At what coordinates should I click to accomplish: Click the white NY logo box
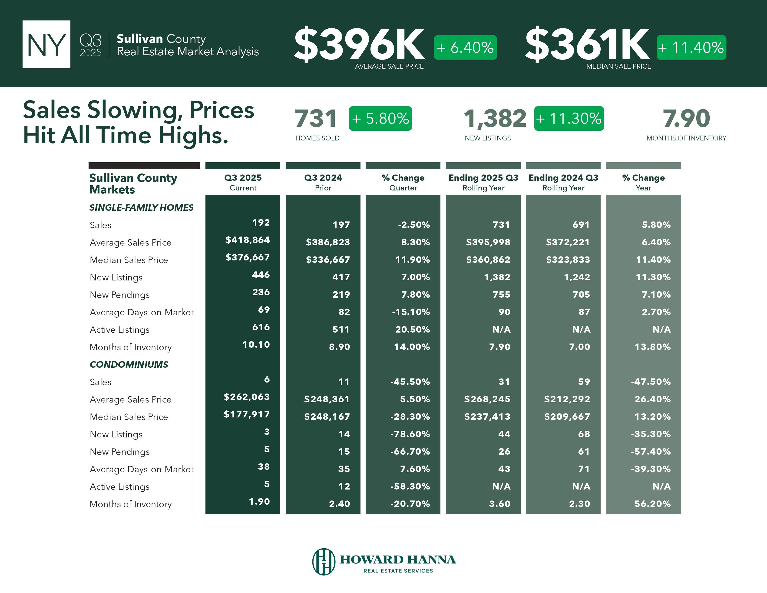pos(46,44)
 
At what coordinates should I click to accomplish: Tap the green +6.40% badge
pos(465,47)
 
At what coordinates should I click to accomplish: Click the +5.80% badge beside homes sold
pos(380,118)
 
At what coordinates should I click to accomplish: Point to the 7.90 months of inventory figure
pos(686,118)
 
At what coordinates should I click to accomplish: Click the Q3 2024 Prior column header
pos(323,182)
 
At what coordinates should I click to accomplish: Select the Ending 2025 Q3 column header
pos(483,182)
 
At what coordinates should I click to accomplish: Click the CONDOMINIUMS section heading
pos(129,364)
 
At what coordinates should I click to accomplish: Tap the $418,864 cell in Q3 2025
pos(247,240)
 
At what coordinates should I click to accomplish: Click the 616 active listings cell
pos(261,327)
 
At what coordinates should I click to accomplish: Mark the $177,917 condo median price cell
pos(247,415)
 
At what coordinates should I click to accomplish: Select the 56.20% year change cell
pos(652,504)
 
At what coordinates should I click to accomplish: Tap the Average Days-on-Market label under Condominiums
pos(142,469)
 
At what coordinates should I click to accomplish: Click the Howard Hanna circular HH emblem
pos(324,561)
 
